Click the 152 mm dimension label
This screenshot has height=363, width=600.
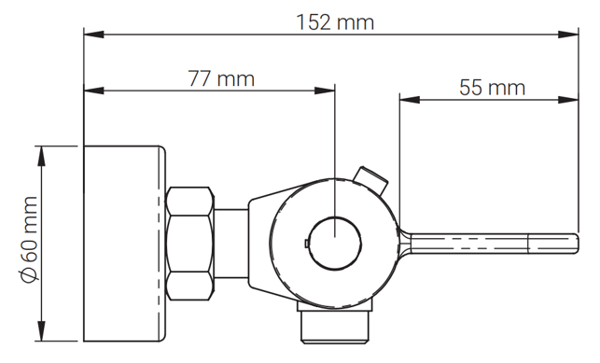(335, 22)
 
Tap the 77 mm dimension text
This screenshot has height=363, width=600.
(221, 78)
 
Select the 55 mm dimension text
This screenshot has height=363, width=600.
(492, 88)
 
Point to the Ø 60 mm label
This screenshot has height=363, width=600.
(29, 240)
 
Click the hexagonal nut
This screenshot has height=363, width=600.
(189, 244)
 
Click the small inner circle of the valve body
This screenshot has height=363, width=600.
(335, 244)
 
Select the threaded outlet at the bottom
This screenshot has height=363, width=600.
(335, 327)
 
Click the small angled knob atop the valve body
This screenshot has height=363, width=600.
(370, 180)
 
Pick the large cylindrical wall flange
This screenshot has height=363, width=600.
(125, 244)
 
